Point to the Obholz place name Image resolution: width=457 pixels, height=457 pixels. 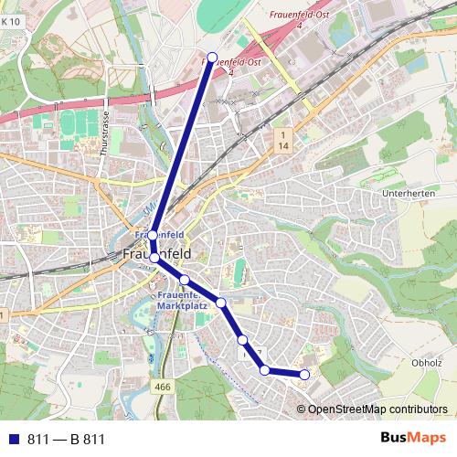tap(427, 361)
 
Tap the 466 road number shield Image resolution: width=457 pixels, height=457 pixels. tap(163, 388)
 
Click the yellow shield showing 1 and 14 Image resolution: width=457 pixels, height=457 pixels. tap(284, 140)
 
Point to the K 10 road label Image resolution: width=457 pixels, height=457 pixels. tap(9, 35)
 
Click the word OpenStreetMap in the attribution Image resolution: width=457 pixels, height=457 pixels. tap(346, 409)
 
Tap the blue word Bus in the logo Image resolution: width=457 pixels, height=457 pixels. tap(394, 439)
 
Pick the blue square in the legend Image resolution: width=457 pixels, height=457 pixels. tap(12, 440)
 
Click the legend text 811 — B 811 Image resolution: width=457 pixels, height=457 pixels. tap(66, 440)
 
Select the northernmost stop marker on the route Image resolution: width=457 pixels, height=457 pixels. tap(212, 58)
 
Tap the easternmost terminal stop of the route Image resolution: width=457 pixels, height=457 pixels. tap(304, 374)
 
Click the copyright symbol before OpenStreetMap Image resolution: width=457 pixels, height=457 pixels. tap(302, 409)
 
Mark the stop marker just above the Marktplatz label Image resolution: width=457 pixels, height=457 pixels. tap(184, 280)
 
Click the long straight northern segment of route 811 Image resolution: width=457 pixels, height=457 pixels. tap(183, 146)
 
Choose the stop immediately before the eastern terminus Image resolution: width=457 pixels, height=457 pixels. tap(265, 370)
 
